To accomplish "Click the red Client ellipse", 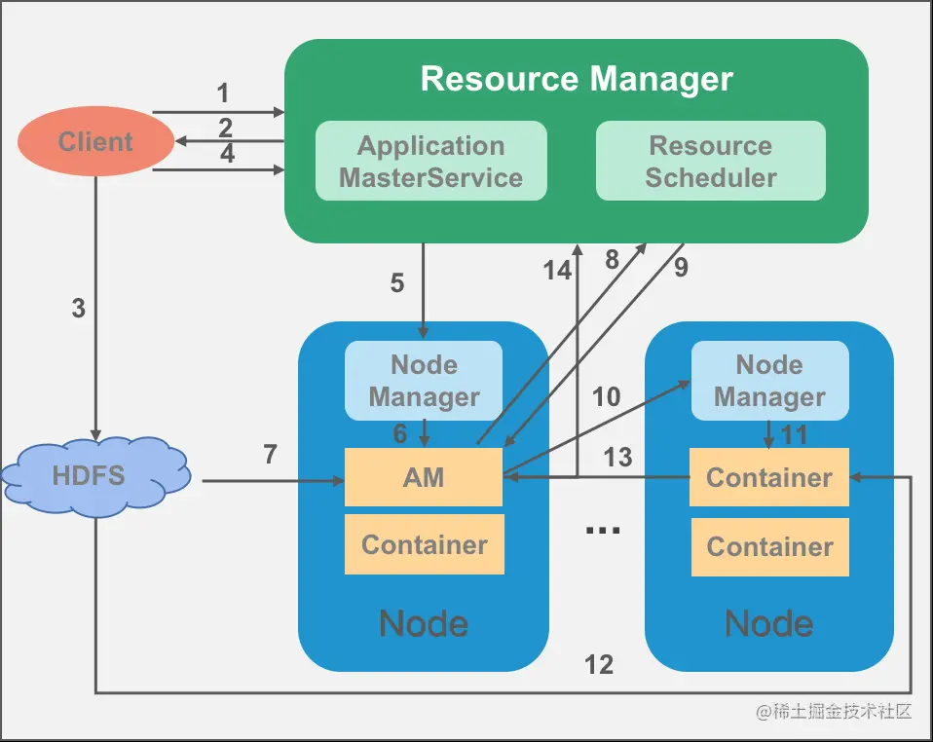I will [95, 142].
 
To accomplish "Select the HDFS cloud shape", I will [95, 476].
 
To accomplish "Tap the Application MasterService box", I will [430, 162].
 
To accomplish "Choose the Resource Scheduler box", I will [711, 162].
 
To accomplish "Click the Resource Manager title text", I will [577, 79].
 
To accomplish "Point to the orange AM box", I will [424, 477].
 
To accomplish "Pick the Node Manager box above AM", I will [424, 381].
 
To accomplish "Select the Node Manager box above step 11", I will [769, 381].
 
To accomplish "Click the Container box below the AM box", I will [424, 544].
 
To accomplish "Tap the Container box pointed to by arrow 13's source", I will [769, 477].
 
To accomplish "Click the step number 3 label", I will [79, 309].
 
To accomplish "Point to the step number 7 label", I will [271, 454].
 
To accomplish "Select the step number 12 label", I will [599, 665].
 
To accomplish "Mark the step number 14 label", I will [558, 271].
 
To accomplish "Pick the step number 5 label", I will [397, 282].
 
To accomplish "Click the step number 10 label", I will [606, 396].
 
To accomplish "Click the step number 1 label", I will [223, 93].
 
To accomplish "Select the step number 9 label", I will [681, 268].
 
